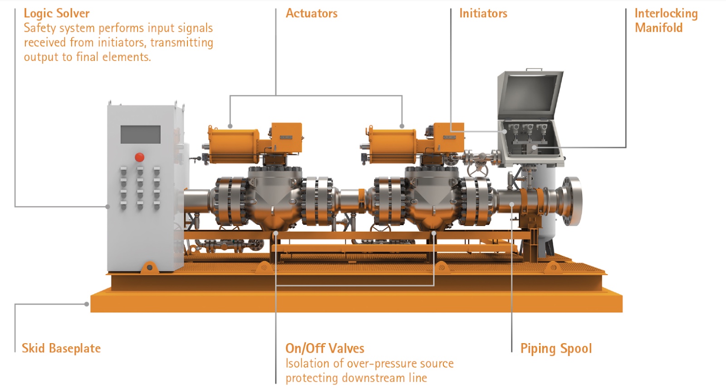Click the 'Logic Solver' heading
pyautogui.click(x=57, y=14)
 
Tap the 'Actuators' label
pyautogui.click(x=311, y=14)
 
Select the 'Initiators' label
pyautogui.click(x=483, y=14)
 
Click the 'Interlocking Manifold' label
pyautogui.click(x=665, y=21)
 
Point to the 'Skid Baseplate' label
pyautogui.click(x=61, y=348)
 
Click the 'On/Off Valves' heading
pyautogui.click(x=324, y=348)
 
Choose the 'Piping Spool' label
pyautogui.click(x=556, y=348)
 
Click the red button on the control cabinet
pyautogui.click(x=139, y=157)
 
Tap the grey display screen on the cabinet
pyautogui.click(x=140, y=134)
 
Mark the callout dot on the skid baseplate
pyautogui.click(x=87, y=304)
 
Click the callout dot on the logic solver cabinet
pyautogui.click(x=108, y=207)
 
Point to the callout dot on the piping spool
pyautogui.click(x=512, y=204)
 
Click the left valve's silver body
pyautogui.click(x=275, y=195)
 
